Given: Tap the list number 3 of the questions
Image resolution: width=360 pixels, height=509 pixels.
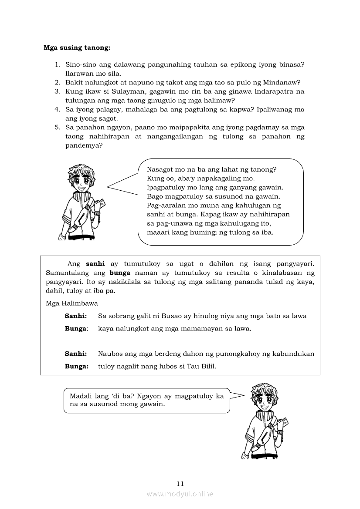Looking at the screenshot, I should coord(57,91).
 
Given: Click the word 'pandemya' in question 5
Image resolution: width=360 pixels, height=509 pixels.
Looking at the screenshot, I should coord(82,145).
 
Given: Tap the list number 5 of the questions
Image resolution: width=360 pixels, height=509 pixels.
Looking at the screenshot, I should coord(57,127).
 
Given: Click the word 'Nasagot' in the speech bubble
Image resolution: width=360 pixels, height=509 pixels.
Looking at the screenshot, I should coord(160,169).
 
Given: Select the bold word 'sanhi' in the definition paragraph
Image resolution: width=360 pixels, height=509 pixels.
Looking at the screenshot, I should coord(95,264).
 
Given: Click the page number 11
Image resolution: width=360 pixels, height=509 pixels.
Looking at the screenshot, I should coord(180,483).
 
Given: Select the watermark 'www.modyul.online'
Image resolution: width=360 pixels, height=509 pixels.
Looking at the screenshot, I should coord(180,494).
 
